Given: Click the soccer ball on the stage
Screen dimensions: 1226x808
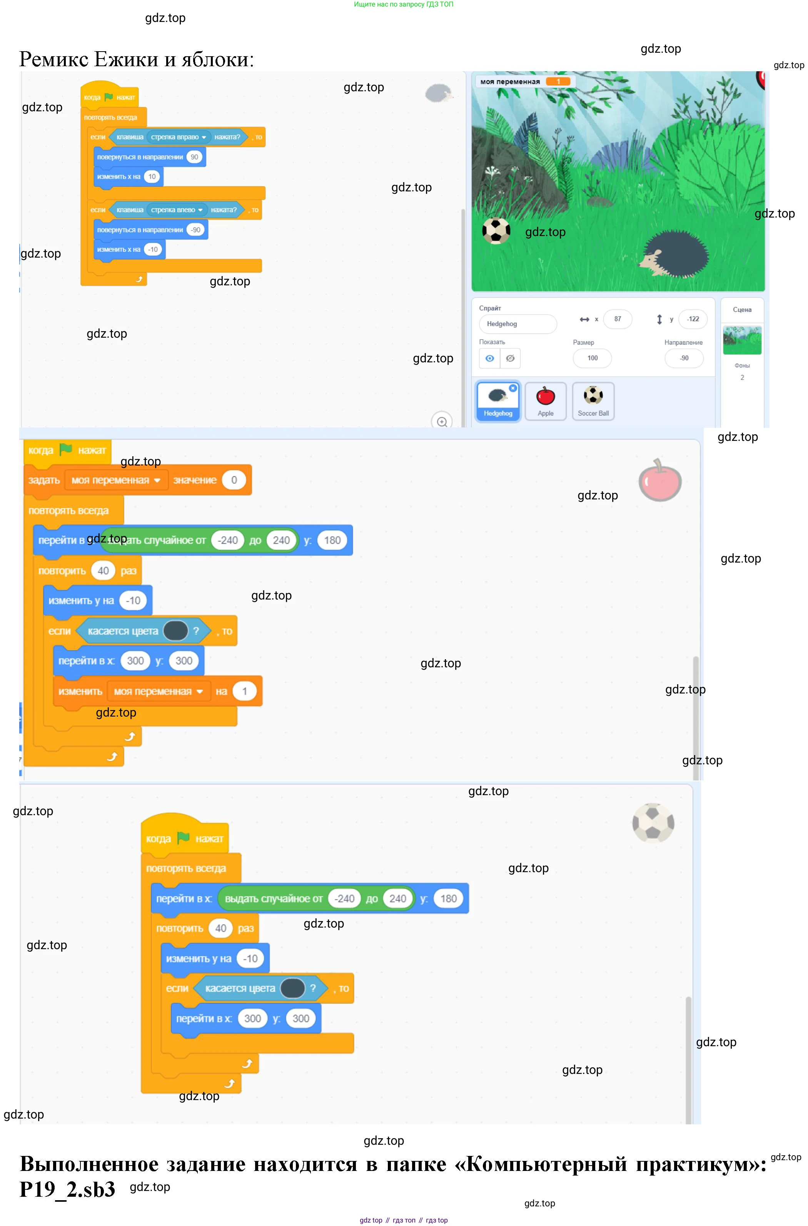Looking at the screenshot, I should [x=496, y=231].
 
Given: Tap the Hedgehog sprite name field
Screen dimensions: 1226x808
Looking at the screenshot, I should [x=518, y=324].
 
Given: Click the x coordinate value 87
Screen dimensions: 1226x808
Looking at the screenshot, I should [x=617, y=319].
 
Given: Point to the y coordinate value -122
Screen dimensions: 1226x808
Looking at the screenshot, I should [x=693, y=319].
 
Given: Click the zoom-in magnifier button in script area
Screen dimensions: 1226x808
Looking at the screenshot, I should [x=442, y=421].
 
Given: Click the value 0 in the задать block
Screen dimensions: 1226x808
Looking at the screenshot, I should [x=234, y=480].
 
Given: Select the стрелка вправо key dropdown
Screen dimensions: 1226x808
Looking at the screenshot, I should [x=178, y=137].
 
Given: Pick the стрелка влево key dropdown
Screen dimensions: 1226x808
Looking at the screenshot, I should [x=177, y=210].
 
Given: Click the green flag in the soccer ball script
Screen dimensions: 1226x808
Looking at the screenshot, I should [x=184, y=838].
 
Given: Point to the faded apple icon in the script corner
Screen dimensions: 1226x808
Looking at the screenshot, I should [x=659, y=481].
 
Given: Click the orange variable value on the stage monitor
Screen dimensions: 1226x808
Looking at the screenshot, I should [x=558, y=82].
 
